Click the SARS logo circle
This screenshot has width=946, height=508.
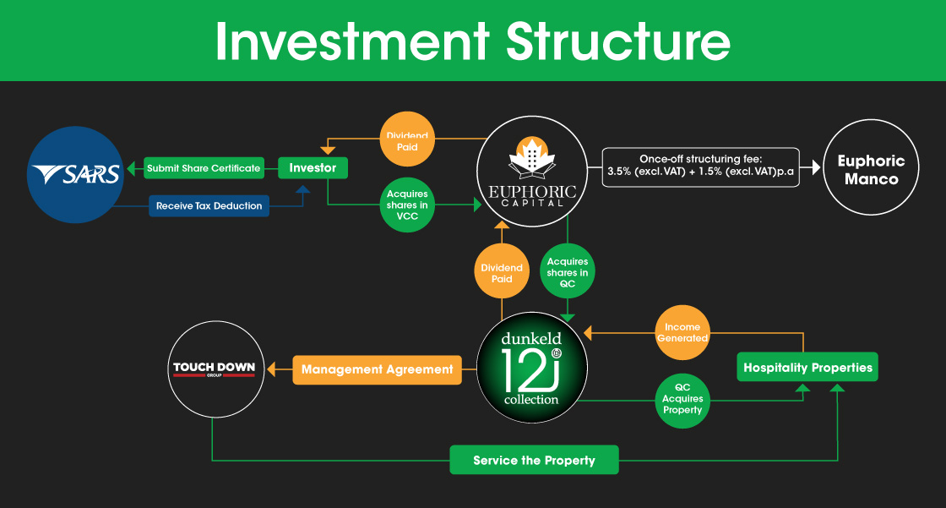point(75,174)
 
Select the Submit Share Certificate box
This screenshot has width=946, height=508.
point(203,168)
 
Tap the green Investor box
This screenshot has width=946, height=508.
point(313,168)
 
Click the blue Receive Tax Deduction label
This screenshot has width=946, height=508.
point(209,205)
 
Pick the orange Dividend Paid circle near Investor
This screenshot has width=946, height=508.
point(408,141)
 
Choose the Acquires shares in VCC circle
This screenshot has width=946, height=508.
point(408,205)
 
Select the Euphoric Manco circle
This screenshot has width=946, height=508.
point(870,170)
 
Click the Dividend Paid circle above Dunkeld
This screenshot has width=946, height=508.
point(502,273)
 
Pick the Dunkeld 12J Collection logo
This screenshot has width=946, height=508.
point(530,369)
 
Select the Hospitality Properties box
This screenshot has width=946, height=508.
point(807,368)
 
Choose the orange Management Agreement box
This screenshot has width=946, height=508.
point(377,369)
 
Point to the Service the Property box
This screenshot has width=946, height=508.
point(534,460)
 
